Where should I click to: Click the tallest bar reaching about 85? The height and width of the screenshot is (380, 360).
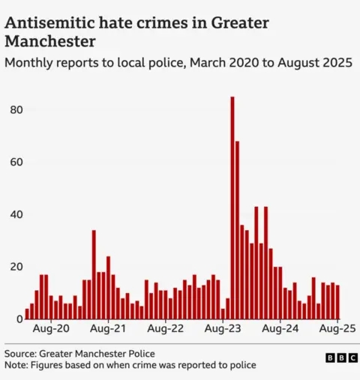[x=232, y=210]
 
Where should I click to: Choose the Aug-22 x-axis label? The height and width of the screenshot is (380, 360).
[x=166, y=329]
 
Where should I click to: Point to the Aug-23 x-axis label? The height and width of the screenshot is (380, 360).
[x=223, y=329]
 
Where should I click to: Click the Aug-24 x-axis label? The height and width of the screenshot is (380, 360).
[x=280, y=329]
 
